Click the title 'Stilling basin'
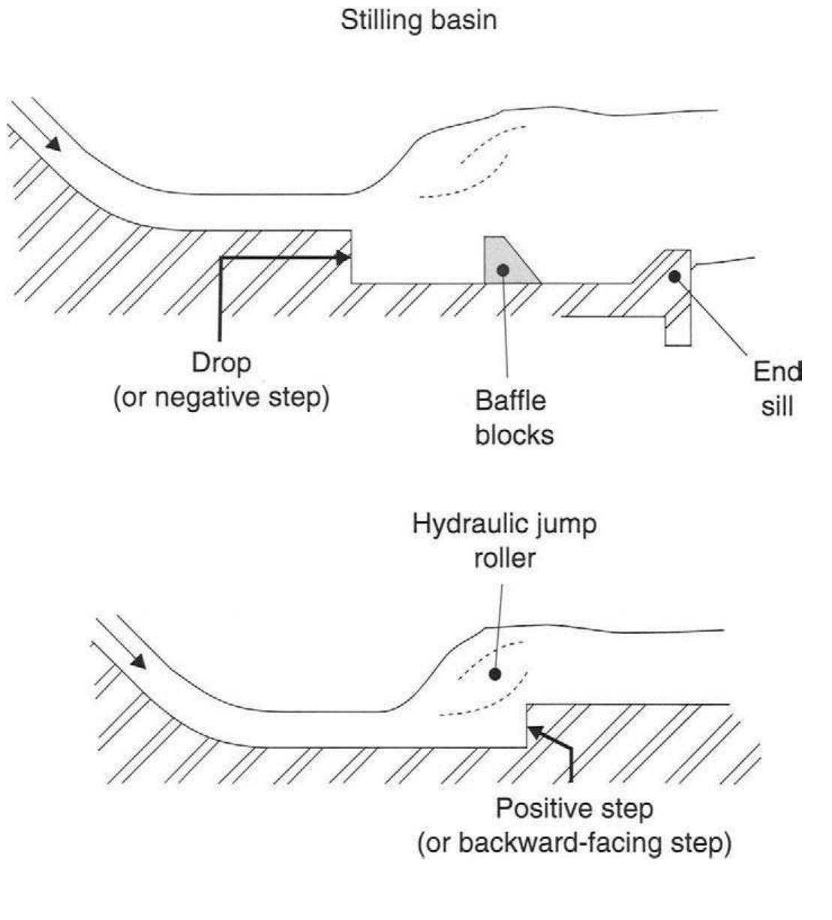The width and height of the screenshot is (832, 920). pos(419,20)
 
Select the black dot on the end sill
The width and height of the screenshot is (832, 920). pos(674,276)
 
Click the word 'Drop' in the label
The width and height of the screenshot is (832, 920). pos(221,363)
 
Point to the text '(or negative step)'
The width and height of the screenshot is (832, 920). pos(221,397)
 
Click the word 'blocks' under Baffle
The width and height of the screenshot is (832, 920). pos(515,434)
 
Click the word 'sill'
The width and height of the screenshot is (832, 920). pos(777,407)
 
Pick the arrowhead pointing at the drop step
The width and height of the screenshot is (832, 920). pos(343,257)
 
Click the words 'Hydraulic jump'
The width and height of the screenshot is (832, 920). pos(504,525)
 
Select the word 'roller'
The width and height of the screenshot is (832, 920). pos(504,558)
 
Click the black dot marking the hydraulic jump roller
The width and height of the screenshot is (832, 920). pos(494,674)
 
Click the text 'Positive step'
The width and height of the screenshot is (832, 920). pos(574,810)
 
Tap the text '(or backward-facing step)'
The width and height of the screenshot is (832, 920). pos(574,843)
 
